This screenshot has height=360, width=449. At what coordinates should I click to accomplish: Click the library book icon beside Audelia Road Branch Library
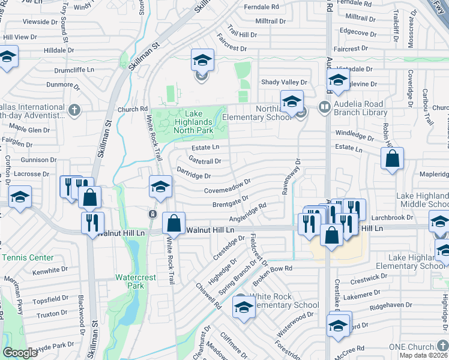(x=325, y=107)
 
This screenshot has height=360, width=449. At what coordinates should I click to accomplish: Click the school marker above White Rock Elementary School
(x=244, y=308)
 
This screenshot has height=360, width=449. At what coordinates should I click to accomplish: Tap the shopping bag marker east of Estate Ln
(x=392, y=158)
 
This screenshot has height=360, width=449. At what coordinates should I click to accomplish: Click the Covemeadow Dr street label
(x=226, y=188)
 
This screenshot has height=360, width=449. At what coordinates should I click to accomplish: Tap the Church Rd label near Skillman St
(x=132, y=109)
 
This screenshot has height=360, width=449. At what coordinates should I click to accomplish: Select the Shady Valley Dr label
(x=283, y=82)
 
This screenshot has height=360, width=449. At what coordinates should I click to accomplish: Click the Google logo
(x=20, y=353)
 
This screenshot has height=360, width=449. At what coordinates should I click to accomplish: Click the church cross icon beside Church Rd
(x=74, y=110)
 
